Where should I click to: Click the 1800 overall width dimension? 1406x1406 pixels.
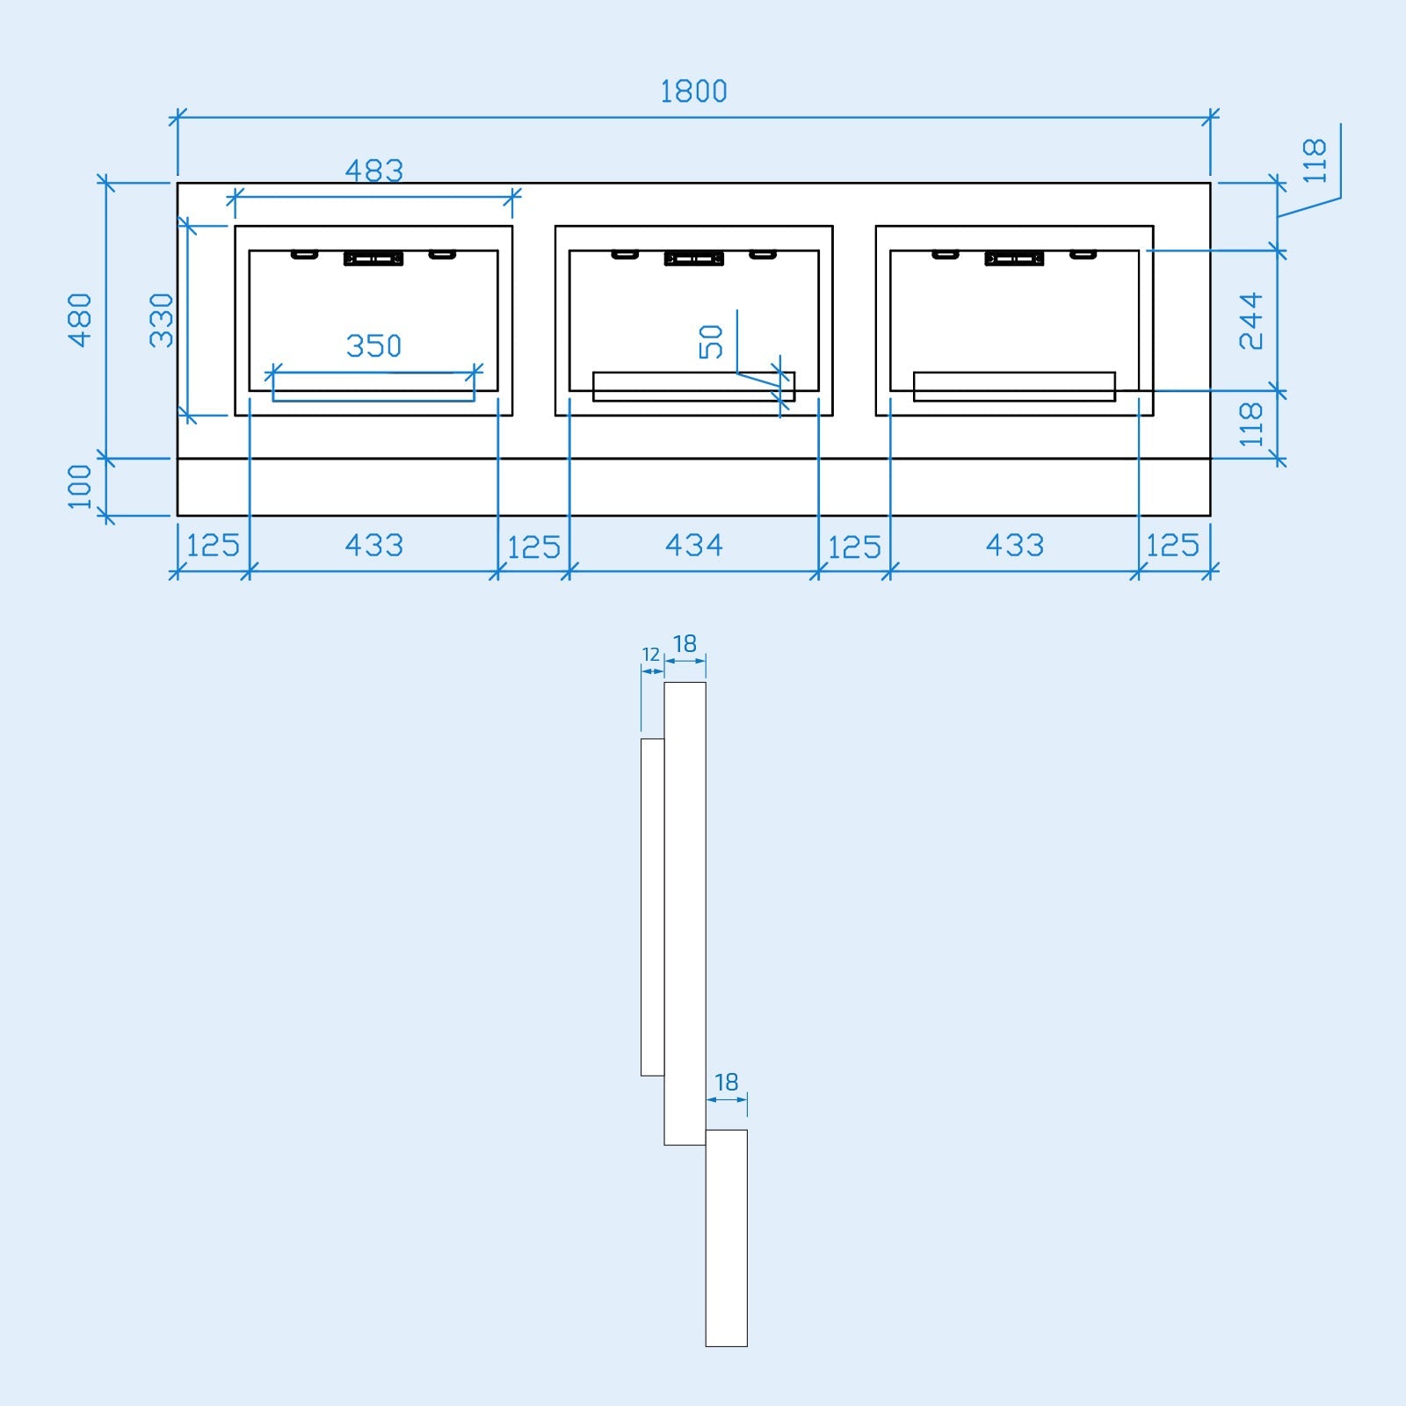(693, 91)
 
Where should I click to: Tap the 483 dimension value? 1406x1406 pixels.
(373, 170)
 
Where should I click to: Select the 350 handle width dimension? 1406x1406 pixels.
(373, 345)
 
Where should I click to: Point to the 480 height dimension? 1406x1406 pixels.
(80, 320)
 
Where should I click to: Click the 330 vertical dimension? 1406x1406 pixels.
(162, 320)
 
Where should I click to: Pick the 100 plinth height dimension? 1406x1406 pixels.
(80, 486)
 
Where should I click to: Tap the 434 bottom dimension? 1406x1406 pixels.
(693, 546)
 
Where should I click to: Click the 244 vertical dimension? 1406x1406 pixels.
(1250, 321)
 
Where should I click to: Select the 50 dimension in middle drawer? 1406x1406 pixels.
(711, 342)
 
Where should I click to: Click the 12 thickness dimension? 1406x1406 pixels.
(650, 655)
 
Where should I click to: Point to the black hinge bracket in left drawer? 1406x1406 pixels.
(373, 258)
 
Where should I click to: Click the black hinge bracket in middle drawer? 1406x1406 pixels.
(694, 258)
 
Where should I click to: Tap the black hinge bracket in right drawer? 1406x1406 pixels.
(1014, 258)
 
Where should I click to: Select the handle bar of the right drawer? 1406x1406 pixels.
(1014, 387)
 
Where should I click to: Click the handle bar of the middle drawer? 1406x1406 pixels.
(693, 387)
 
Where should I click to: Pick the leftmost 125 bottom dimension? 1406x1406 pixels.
(213, 546)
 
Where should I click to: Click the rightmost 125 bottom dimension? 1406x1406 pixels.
(1173, 546)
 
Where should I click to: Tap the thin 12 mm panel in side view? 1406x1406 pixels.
(652, 907)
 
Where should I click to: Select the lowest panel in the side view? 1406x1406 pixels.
(726, 1237)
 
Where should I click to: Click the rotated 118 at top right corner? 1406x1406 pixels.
(1315, 161)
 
